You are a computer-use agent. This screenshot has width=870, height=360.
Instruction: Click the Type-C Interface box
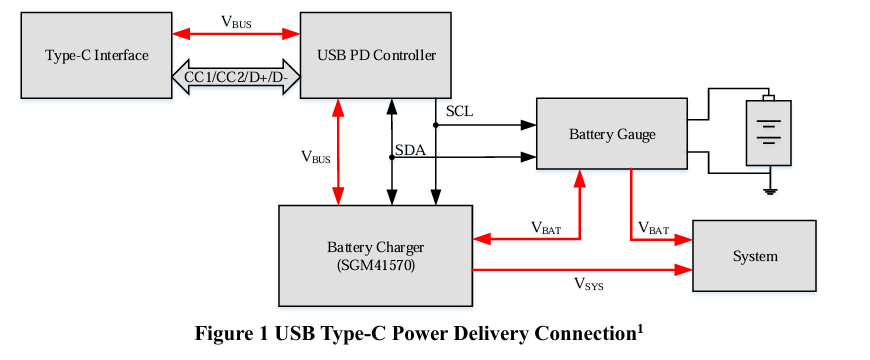[97, 55]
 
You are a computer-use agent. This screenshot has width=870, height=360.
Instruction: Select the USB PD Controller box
[376, 55]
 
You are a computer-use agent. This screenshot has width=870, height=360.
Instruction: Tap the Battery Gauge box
[612, 134]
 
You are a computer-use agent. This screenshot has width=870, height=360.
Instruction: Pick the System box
[755, 256]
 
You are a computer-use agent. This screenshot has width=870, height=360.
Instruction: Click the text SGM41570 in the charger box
[376, 266]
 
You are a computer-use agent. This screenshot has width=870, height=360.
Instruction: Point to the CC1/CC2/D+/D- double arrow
[236, 77]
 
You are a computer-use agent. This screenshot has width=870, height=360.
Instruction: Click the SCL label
[459, 111]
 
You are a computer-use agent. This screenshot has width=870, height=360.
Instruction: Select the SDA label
[411, 150]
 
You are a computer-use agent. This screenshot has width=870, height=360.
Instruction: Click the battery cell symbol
[768, 130]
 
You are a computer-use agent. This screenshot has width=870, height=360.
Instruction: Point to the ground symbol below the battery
[770, 192]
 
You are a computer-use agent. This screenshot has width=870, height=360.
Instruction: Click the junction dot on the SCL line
[436, 125]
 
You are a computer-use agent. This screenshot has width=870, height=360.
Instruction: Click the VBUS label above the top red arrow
[236, 22]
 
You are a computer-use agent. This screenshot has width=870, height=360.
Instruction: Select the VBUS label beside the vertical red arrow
[316, 157]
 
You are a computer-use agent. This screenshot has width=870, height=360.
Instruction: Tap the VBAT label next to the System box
[653, 227]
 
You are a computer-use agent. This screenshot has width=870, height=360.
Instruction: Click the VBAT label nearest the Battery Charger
[546, 227]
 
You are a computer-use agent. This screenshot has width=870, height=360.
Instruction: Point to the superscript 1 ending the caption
[639, 328]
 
